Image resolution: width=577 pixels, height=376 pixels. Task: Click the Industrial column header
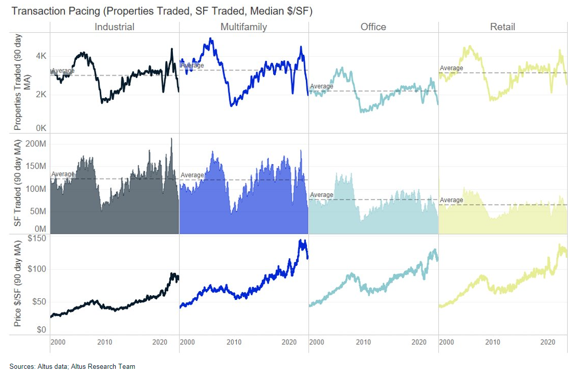pyautogui.click(x=114, y=27)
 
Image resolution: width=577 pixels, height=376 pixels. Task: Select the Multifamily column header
pyautogui.click(x=243, y=27)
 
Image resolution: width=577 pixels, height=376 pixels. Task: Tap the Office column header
pyautogui.click(x=373, y=27)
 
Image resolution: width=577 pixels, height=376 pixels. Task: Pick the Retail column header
pyautogui.click(x=502, y=27)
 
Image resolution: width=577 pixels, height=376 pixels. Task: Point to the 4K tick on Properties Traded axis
pyautogui.click(x=40, y=56)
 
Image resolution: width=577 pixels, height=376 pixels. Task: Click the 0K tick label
pyautogui.click(x=40, y=128)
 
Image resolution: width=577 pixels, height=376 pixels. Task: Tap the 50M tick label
pyautogui.click(x=38, y=211)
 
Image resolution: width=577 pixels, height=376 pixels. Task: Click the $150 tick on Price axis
pyautogui.click(x=37, y=238)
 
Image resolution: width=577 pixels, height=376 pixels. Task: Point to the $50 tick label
pyautogui.click(x=39, y=301)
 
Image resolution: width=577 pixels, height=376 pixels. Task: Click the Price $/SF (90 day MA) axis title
pyautogui.click(x=18, y=284)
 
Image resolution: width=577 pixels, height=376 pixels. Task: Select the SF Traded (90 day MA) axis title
pyautogui.click(x=18, y=184)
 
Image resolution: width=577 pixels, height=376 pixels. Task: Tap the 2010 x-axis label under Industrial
pyautogui.click(x=105, y=342)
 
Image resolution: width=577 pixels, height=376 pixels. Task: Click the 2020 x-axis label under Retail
pyautogui.click(x=548, y=342)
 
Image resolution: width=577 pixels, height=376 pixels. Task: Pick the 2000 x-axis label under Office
pyautogui.click(x=317, y=342)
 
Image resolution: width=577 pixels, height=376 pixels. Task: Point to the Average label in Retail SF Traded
pyautogui.click(x=451, y=200)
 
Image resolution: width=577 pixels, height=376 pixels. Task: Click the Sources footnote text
pyautogui.click(x=72, y=366)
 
